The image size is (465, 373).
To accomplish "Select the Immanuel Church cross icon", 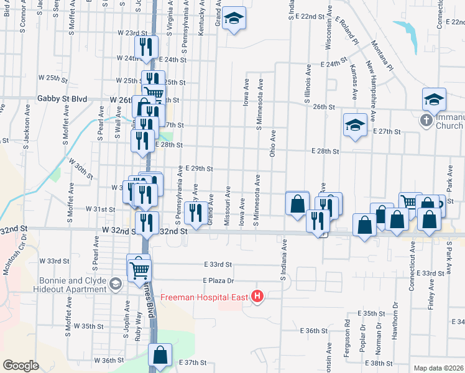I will [x=426, y=120].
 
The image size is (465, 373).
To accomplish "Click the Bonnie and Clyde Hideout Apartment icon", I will [x=115, y=285].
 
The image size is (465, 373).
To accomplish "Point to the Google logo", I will [x=21, y=366].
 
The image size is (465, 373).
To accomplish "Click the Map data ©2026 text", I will [x=438, y=368].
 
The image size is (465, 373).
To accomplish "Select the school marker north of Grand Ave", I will [x=234, y=19].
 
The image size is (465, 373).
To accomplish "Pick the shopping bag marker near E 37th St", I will [x=160, y=356].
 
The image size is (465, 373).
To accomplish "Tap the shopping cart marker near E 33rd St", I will [x=139, y=269].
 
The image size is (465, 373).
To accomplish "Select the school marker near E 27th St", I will [x=354, y=126].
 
